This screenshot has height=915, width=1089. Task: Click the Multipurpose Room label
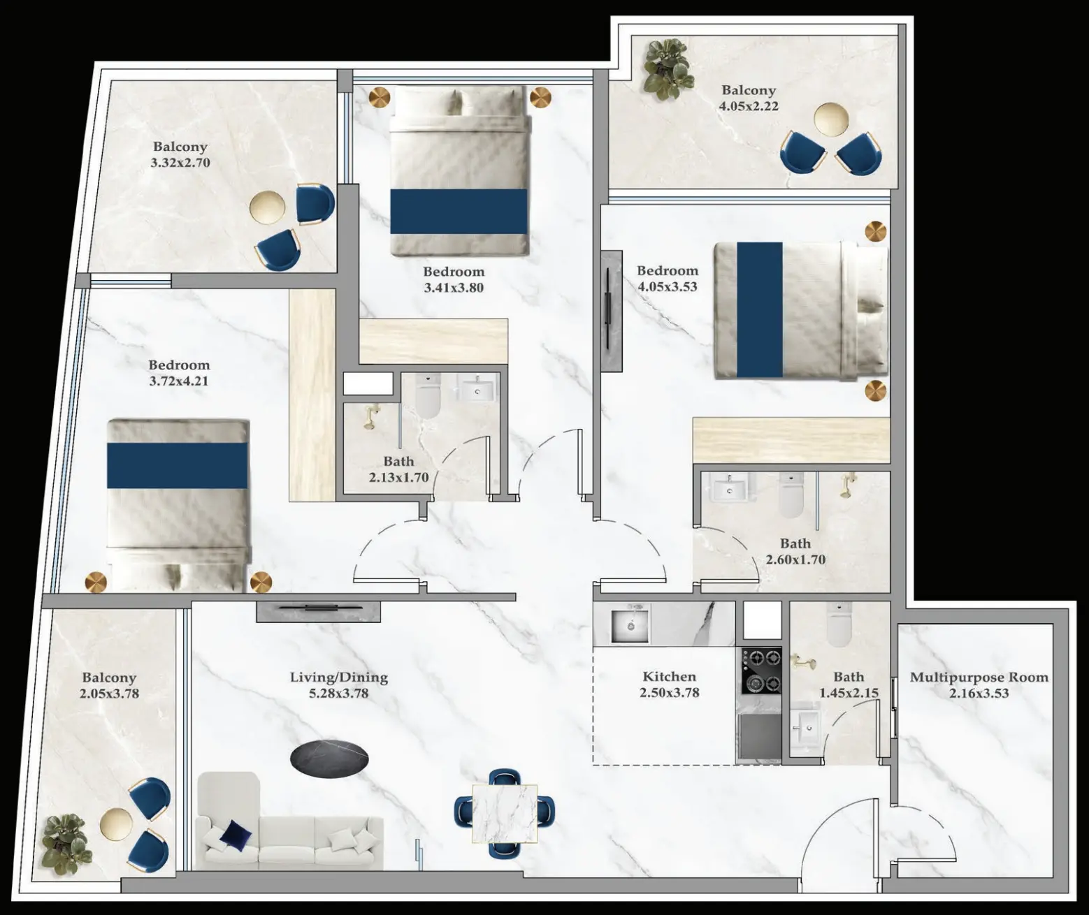pyautogui.click(x=979, y=678)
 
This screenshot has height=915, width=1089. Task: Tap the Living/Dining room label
pyautogui.click(x=338, y=677)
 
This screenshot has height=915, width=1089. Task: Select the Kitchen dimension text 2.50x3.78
pyautogui.click(x=669, y=693)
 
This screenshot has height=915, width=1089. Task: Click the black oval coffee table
pyautogui.click(x=329, y=756)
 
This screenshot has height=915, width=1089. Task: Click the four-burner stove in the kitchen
pyautogui.click(x=761, y=670)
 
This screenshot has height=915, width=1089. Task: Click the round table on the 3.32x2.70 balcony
pyautogui.click(x=268, y=207)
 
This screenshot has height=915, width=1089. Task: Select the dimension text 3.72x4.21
pyautogui.click(x=178, y=381)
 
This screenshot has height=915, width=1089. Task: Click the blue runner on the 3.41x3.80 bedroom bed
pyautogui.click(x=458, y=211)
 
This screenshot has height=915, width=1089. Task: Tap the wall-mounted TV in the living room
pyautogui.click(x=319, y=610)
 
